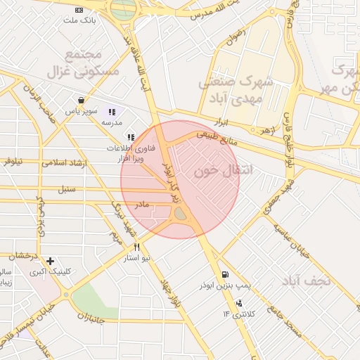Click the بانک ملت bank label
click(x=79, y=21)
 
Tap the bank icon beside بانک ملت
click(x=79, y=10)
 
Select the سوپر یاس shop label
click(x=81, y=111)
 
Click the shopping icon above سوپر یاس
click(x=82, y=101)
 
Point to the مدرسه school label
click(x=112, y=122)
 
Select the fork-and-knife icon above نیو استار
click(x=136, y=247)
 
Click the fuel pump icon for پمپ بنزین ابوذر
click(x=224, y=275)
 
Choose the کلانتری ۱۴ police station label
click(x=242, y=314)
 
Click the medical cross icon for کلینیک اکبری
click(x=50, y=261)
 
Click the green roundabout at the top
click(x=124, y=8)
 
